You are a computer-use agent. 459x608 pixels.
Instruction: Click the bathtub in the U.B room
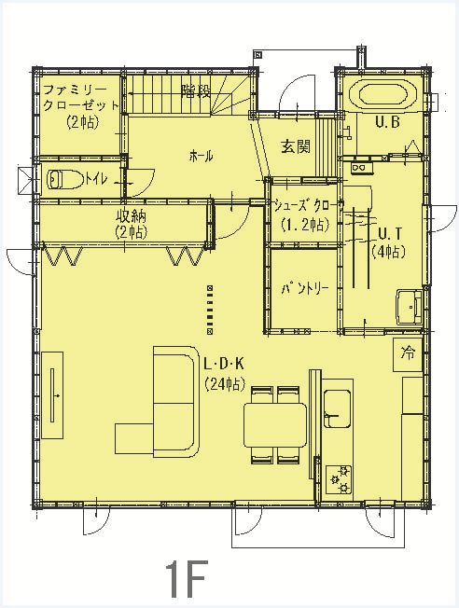(382, 95)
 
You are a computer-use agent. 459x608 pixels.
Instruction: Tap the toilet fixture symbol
(64, 180)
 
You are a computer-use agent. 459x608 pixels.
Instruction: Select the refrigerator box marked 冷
(408, 354)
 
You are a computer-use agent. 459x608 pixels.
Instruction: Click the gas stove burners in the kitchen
(339, 479)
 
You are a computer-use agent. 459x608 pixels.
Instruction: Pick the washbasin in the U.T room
(409, 307)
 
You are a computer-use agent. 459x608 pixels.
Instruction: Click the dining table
(275, 425)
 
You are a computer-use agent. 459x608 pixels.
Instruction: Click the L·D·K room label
(224, 364)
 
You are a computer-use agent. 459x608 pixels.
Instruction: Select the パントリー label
(305, 288)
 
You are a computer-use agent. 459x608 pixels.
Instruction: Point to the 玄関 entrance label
(296, 146)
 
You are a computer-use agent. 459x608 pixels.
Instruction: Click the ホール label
(201, 157)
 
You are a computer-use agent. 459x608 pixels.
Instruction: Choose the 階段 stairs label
(196, 91)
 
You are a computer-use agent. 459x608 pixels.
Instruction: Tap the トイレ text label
(96, 179)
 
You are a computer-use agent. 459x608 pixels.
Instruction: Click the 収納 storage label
(132, 216)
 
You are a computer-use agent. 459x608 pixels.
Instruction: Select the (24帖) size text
(225, 383)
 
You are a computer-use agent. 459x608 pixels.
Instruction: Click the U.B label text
(387, 122)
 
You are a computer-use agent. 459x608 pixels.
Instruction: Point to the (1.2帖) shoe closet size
(305, 225)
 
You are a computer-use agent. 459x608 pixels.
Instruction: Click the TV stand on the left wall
(52, 395)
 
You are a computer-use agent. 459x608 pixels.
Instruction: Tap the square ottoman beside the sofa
(134, 438)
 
